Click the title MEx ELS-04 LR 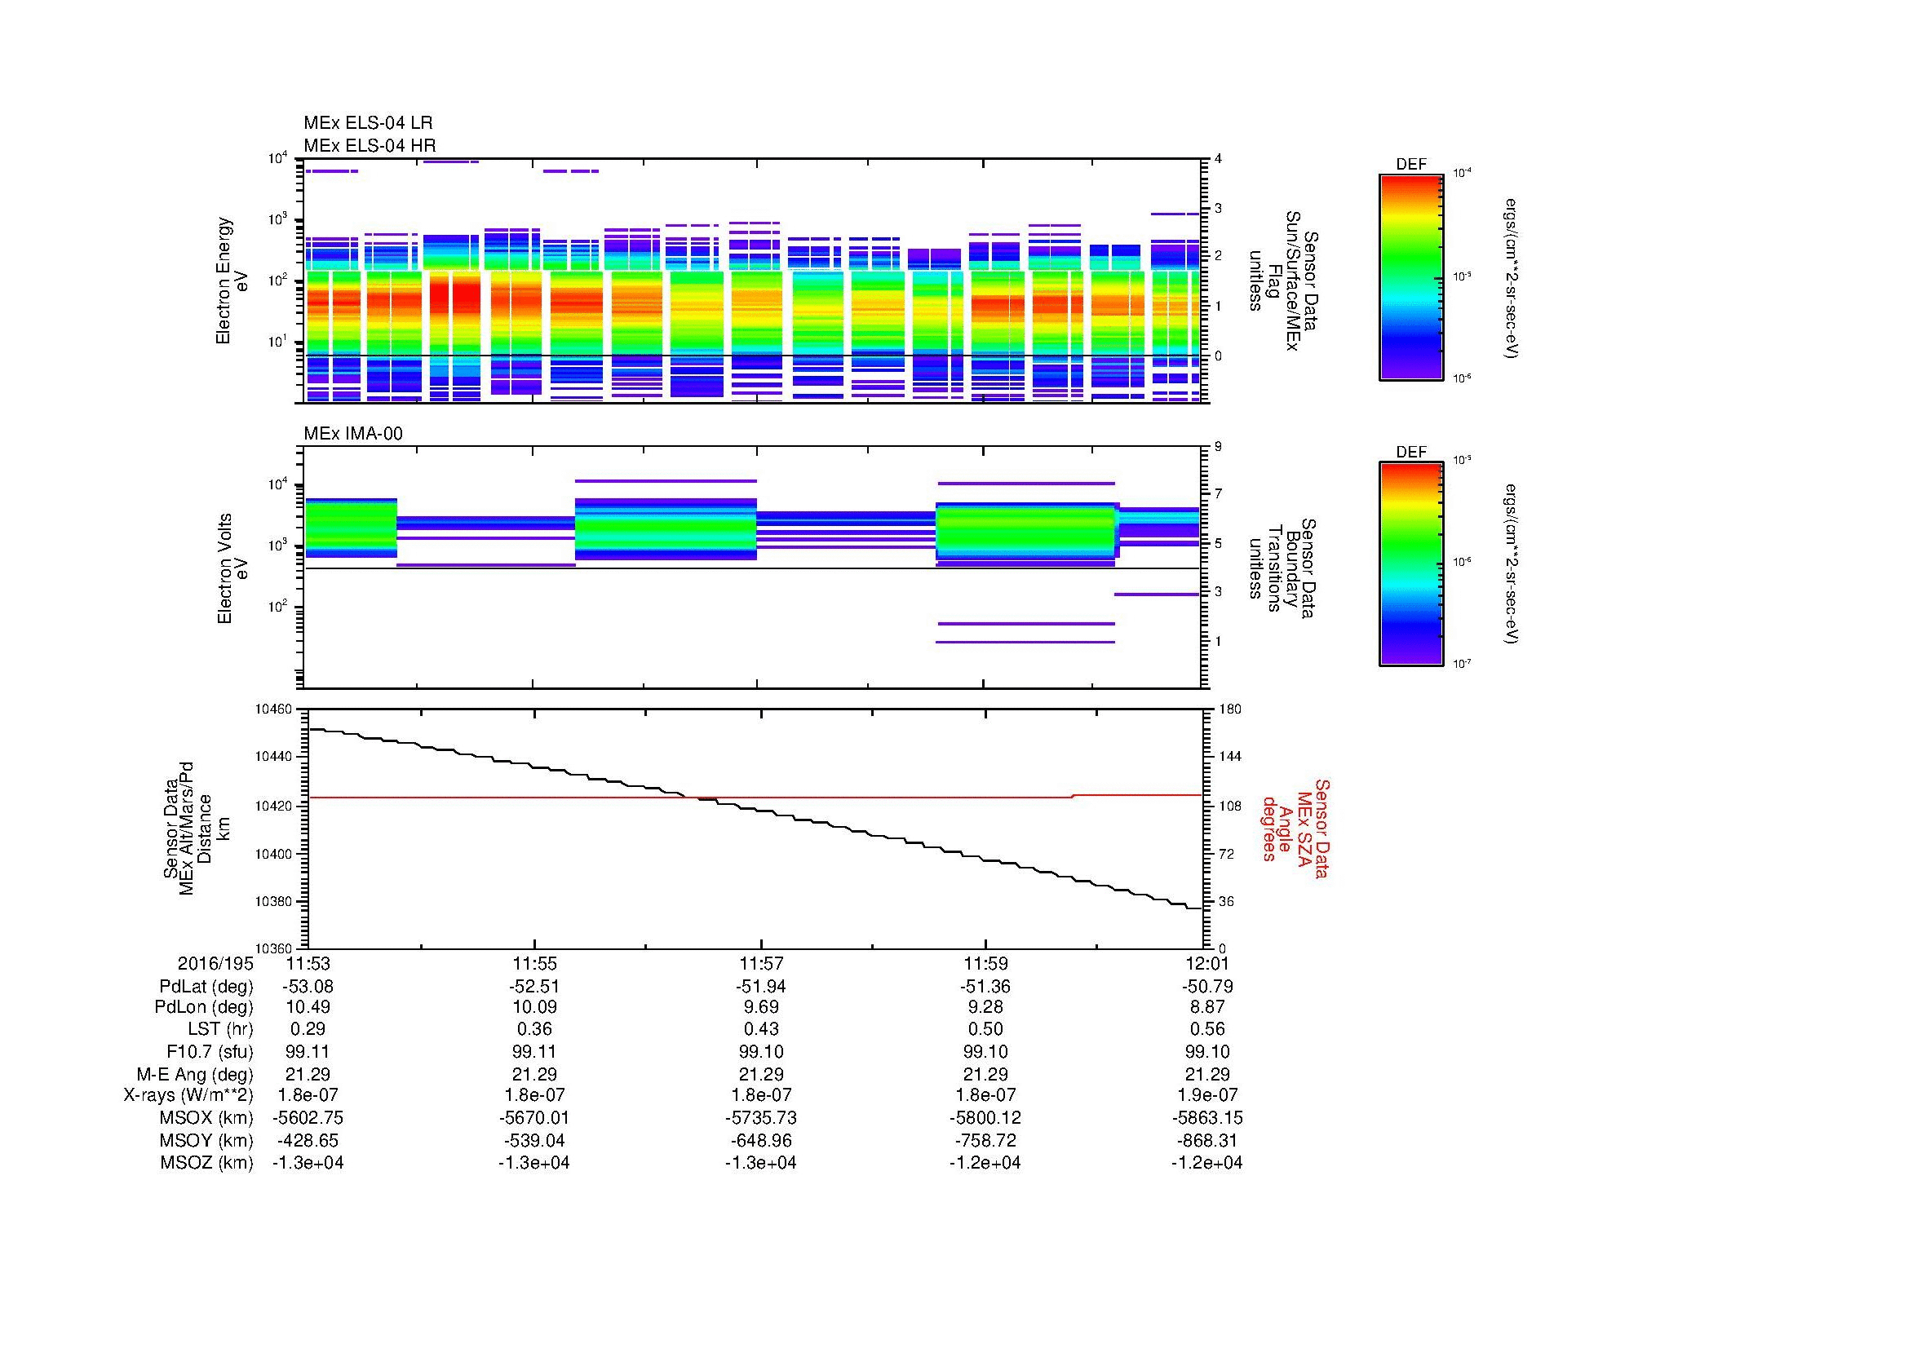point(368,123)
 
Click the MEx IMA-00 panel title point(353,434)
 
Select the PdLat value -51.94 point(760,987)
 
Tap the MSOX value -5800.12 point(985,1118)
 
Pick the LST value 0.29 point(308,1030)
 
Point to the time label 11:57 point(760,964)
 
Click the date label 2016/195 point(215,964)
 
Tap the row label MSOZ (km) point(206,1163)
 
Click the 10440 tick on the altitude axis point(274,757)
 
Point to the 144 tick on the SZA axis point(1230,757)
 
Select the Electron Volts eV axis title point(232,569)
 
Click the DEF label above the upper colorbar point(1410,165)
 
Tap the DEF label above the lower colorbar point(1410,452)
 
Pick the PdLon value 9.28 point(985,1007)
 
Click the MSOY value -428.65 point(308,1140)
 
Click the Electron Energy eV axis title point(232,281)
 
